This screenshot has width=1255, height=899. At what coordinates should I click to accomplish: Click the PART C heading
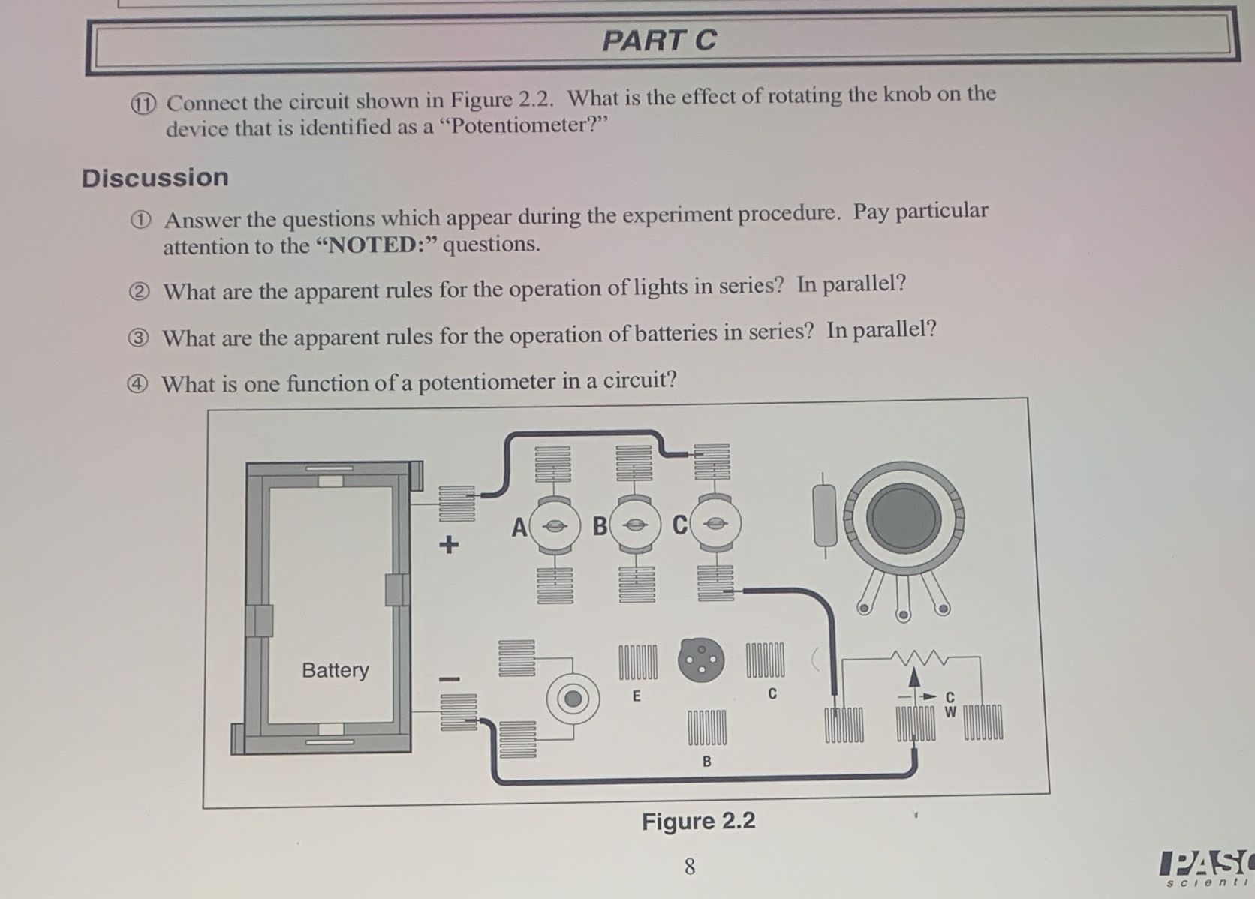coord(659,41)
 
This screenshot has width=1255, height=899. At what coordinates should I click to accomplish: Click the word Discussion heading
coord(155,178)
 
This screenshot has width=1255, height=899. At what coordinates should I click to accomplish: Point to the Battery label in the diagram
coord(335,669)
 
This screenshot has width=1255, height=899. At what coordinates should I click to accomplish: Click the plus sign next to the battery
coord(448,543)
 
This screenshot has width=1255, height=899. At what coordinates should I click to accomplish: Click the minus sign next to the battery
coord(449,679)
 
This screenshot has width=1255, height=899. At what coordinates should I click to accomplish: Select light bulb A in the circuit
coord(555,526)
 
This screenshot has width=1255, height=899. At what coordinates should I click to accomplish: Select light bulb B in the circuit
coord(636,525)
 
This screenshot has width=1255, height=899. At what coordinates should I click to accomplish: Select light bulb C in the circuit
coord(716,525)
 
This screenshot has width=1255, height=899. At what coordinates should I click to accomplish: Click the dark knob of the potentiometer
coord(904,518)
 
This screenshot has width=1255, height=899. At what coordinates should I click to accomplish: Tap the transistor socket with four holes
coord(700,660)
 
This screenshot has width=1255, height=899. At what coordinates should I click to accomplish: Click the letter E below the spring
coord(637,696)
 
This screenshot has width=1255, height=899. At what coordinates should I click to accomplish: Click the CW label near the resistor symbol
coord(950,705)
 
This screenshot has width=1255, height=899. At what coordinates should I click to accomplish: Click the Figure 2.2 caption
coord(698,821)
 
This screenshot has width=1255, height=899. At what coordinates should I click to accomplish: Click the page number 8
coord(690,867)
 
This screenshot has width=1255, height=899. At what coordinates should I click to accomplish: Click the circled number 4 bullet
coord(136,384)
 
